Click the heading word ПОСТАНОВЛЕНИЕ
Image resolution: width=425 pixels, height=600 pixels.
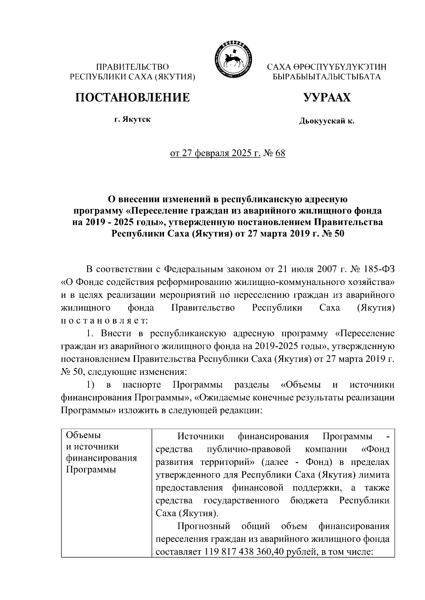[x=132, y=97]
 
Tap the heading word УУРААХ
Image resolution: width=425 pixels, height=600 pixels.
[x=327, y=97]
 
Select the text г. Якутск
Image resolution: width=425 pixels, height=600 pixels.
[x=132, y=120]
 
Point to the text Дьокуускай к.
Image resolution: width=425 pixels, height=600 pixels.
[x=327, y=122]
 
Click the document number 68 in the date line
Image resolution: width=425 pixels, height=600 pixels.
[x=280, y=154]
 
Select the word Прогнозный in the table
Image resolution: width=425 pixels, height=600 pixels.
[x=204, y=526]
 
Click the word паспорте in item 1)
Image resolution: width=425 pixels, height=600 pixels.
[x=142, y=385]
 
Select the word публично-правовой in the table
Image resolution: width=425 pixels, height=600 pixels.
[x=248, y=449]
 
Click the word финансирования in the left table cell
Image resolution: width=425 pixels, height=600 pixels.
[x=102, y=459]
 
